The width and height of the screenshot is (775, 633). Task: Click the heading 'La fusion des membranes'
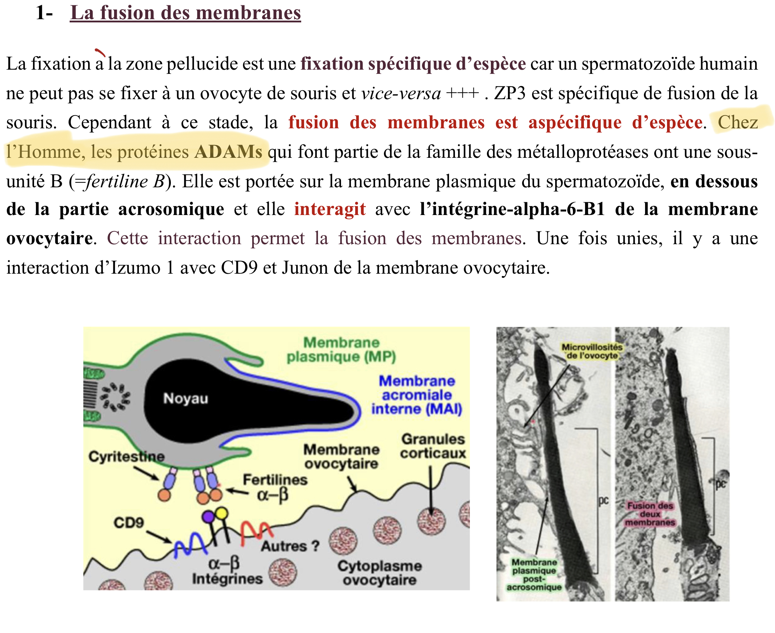pos(185,13)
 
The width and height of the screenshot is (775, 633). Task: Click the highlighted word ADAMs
pos(228,152)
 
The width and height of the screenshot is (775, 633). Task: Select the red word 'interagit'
pos(330,209)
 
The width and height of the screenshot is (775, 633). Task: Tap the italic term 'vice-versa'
pos(401,93)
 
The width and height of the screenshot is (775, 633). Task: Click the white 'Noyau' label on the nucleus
pos(186,398)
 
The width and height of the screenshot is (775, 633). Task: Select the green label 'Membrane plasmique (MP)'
pos(341,350)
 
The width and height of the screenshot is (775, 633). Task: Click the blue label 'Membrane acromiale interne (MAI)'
pos(417,395)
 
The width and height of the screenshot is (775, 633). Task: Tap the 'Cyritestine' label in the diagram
pos(126,456)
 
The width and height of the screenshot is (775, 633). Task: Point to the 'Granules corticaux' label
pos(433,446)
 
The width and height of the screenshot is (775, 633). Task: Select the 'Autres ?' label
pos(291,546)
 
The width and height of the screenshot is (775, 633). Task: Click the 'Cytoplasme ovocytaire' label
pos(380,573)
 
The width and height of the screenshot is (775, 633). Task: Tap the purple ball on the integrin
pos(208,516)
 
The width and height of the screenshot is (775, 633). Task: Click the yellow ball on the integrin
pos(221,513)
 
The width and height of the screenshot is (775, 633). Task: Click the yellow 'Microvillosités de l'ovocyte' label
pos(592,351)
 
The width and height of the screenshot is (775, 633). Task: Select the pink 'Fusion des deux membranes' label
pos(650,514)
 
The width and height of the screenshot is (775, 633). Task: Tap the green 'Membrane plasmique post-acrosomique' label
pos(534,575)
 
